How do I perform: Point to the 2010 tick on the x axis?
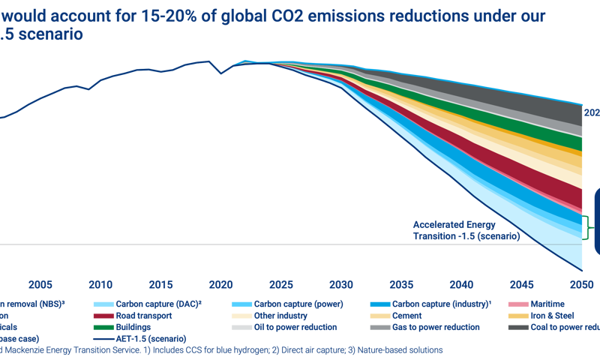[100, 285]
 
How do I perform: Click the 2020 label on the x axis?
[221, 285]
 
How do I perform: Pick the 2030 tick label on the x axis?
[341, 285]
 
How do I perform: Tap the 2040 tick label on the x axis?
[462, 285]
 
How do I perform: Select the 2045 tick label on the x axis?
[522, 285]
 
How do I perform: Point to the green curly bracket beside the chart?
[587, 228]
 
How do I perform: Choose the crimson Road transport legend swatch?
[103, 316]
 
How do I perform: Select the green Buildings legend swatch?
[103, 328]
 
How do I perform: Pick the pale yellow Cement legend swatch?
[380, 316]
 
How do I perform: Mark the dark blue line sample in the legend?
[103, 339]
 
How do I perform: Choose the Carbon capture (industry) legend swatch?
[380, 304]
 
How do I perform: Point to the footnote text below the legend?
[225, 350]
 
